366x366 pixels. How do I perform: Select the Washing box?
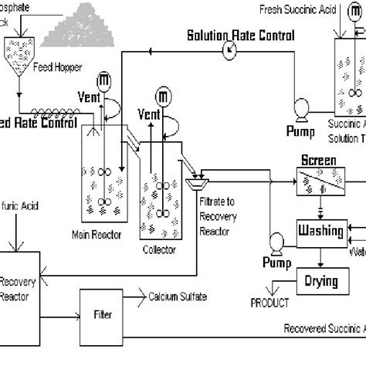click(x=320, y=229)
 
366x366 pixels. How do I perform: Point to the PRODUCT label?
click(x=268, y=303)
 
